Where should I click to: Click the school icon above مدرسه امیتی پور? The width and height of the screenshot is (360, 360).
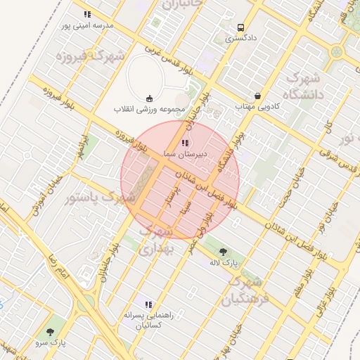(87, 14)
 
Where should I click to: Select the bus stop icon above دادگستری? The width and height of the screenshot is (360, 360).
(242, 27)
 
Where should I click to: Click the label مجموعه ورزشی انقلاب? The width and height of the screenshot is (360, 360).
(149, 109)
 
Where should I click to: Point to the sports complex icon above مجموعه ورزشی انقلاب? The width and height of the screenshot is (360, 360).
(149, 98)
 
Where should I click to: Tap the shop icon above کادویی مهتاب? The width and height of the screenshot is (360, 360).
(258, 95)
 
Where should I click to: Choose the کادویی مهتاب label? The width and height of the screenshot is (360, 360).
(257, 105)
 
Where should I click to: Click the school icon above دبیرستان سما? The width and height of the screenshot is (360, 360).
(184, 142)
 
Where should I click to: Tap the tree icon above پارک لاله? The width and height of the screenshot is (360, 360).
(224, 251)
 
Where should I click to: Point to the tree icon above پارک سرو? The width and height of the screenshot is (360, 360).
(51, 331)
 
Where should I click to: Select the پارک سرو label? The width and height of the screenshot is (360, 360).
(51, 342)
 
